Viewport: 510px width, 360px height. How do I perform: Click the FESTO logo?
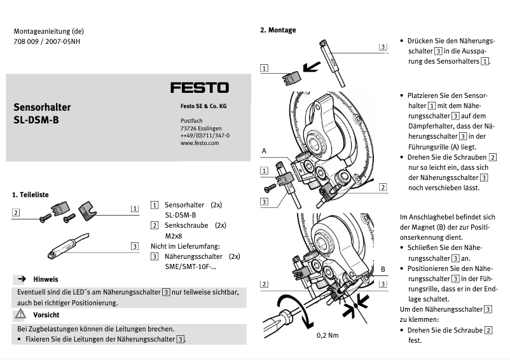coord(199,88)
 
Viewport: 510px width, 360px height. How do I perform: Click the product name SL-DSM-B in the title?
coord(36,119)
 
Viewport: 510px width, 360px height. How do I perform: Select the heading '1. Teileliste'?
coord(31,194)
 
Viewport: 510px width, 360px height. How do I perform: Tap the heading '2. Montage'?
coord(278,30)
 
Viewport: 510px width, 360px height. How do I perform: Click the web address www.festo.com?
coord(199,143)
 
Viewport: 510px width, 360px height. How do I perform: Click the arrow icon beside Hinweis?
coord(21,279)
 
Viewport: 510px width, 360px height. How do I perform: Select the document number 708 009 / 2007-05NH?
coord(47,42)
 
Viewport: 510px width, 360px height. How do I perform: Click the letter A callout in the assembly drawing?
coord(263,151)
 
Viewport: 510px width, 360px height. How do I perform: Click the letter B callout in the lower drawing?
coord(383,270)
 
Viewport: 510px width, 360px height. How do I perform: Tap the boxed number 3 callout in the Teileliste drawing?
coord(134,246)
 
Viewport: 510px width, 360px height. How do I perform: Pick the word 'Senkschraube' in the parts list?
coord(187,225)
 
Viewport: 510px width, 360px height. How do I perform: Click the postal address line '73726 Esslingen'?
coord(201,128)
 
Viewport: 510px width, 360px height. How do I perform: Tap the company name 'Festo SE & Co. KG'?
coord(207,106)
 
